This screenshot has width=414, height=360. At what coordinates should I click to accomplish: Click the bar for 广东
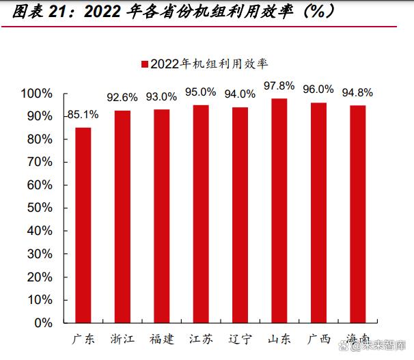coord(83,224)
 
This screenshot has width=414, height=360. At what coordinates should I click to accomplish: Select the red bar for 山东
coord(279,210)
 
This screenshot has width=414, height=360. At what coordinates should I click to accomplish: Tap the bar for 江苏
coord(201,213)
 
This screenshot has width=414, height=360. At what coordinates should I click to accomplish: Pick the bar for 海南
coord(358,213)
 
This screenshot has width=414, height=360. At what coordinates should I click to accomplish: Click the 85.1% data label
coord(82,115)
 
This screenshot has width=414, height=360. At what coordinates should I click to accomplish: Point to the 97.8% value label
coord(279,86)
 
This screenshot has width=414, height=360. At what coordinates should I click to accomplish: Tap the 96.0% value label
coord(318,89)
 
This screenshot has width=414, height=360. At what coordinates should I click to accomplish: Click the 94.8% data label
coord(358,93)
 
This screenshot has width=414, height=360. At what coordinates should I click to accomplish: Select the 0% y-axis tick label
coord(42,322)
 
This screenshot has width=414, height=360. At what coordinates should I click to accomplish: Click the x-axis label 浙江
coord(122,339)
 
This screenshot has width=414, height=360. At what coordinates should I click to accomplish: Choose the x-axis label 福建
coord(162,339)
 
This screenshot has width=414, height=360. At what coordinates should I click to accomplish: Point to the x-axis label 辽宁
coord(240,339)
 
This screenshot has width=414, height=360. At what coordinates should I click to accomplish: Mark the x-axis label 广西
coord(318,339)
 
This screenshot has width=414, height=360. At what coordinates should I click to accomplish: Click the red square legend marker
coord(145,64)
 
